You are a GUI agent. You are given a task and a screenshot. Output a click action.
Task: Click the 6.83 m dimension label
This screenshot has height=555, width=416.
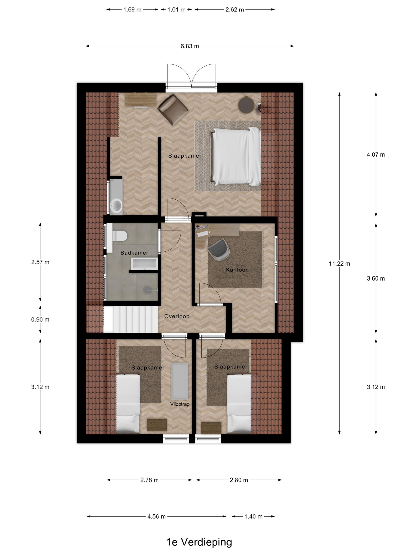pyautogui.click(x=190, y=46)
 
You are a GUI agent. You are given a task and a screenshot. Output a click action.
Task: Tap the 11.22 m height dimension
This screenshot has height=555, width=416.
pyautogui.click(x=339, y=263)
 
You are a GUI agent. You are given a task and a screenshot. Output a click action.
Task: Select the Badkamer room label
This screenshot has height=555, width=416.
pyautogui.click(x=134, y=253)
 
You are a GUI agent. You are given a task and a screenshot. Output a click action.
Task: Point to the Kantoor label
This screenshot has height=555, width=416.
pyautogui.click(x=237, y=270)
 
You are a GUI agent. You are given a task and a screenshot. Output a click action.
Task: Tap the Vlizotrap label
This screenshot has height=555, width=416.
pyautogui.click(x=179, y=404)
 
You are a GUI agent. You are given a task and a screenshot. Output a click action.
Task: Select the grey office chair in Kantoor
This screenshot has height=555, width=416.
pyautogui.click(x=218, y=249)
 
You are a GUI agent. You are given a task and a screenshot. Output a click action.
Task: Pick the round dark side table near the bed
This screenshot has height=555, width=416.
pyautogui.click(x=246, y=105)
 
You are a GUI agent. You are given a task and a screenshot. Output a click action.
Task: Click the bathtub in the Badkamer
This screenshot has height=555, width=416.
pyautogui.click(x=144, y=263)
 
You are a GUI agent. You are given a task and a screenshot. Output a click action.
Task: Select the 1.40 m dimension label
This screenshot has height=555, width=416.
pyautogui.click(x=253, y=516)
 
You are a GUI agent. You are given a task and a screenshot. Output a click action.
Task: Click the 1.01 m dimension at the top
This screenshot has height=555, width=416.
pyautogui.click(x=176, y=10)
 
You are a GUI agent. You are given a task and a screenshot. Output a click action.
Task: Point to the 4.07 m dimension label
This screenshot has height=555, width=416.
pyautogui.click(x=375, y=155)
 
